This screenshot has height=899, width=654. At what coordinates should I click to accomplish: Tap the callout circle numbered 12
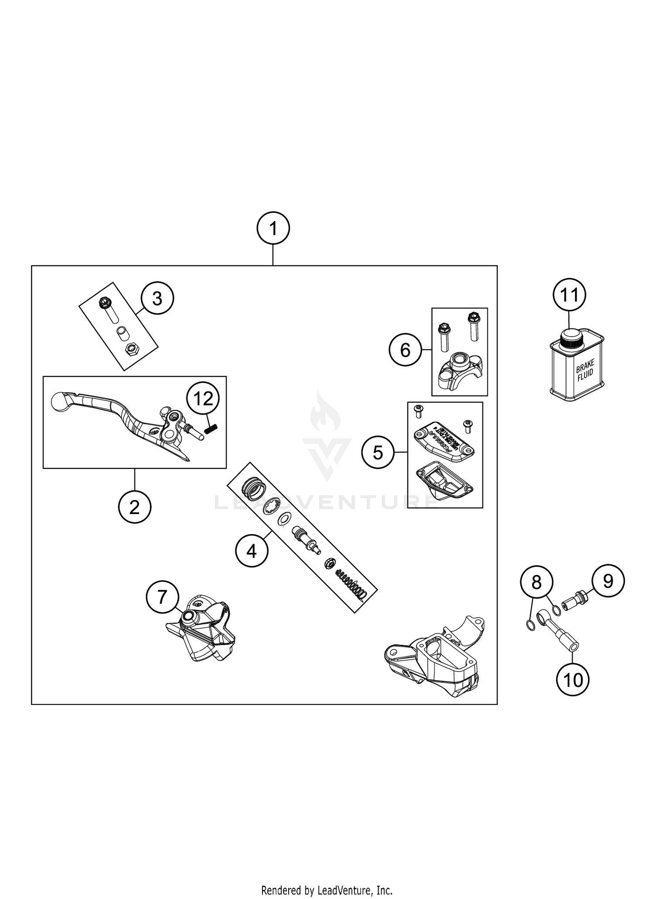coord(203,398)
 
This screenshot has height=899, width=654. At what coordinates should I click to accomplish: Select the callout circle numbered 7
coord(162,597)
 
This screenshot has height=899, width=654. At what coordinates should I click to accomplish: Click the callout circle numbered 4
coord(252,552)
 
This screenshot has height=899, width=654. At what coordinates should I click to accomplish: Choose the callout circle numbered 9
coord(608,581)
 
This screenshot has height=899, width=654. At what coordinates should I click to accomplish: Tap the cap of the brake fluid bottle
coord(569,337)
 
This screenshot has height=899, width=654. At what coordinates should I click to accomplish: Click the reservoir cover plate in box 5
coord(443,438)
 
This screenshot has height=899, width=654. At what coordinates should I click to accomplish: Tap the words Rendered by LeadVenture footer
coord(327,890)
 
